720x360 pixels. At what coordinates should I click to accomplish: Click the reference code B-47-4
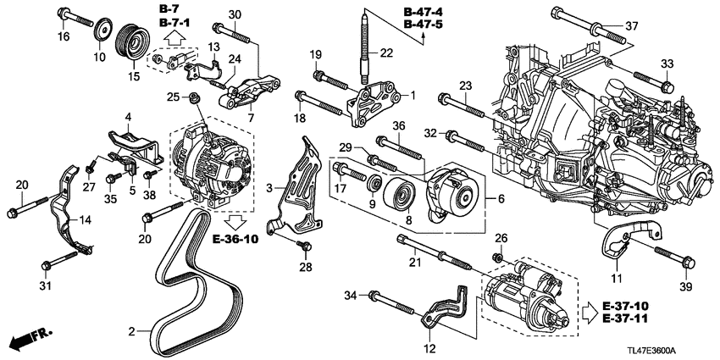pos(424,11)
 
